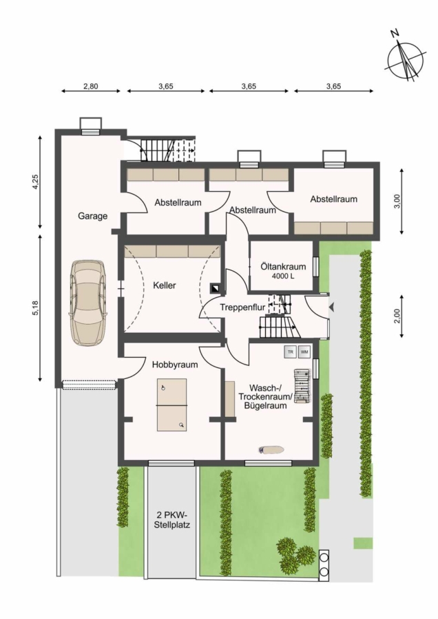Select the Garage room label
pyautogui.click(x=92, y=216)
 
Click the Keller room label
pyautogui.click(x=165, y=285)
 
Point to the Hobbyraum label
pyautogui.click(x=175, y=365)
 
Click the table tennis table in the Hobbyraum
pyautogui.click(x=172, y=404)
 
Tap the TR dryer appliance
pyautogui.click(x=291, y=351)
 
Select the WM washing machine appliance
pyautogui.click(x=304, y=351)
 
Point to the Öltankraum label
pyautogui.click(x=283, y=266)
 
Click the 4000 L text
pyautogui.click(x=283, y=276)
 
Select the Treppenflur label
pyautogui.click(x=242, y=307)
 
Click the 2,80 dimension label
pyautogui.click(x=90, y=86)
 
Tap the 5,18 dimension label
pyautogui.click(x=36, y=307)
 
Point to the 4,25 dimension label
pyautogui.click(x=36, y=182)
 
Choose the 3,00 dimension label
pyautogui.click(x=397, y=201)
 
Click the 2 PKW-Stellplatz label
pyautogui.click(x=172, y=520)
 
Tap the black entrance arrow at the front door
pyautogui.click(x=332, y=307)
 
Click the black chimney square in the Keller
pyautogui.click(x=216, y=288)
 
